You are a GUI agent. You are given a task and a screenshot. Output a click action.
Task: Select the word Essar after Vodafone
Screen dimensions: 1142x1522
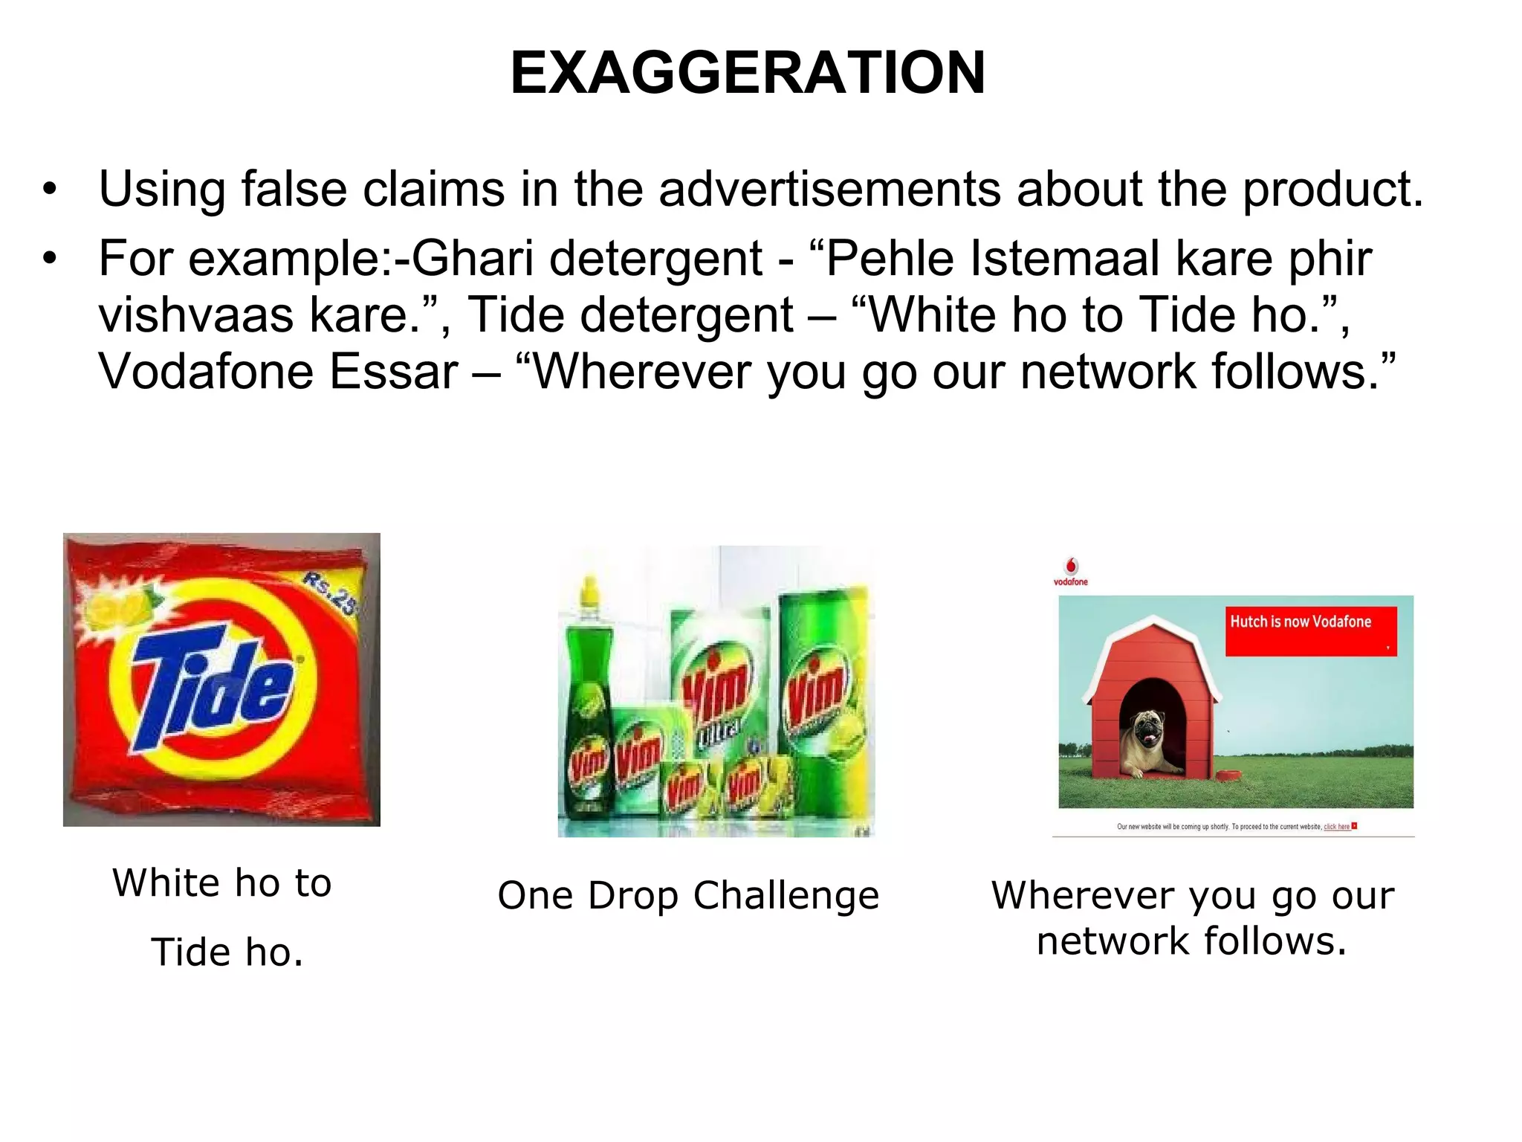394,371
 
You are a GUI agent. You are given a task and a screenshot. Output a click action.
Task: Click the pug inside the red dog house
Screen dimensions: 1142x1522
1149,741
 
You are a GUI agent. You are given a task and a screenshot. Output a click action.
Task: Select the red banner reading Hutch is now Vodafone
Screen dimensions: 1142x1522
1311,630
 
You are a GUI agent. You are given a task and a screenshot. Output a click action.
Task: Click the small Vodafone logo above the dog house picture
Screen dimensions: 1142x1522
1071,571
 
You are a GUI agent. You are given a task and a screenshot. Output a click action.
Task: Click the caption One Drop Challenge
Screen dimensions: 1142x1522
688,895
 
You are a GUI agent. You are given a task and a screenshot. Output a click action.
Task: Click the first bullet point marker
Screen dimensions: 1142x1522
50,190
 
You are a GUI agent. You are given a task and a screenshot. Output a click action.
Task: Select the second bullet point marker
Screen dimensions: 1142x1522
50,259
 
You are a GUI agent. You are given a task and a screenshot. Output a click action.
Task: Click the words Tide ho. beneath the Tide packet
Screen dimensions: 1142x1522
227,952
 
